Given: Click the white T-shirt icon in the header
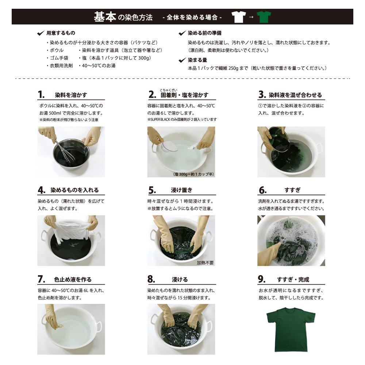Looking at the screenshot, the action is click(239, 17).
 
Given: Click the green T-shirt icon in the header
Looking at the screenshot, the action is click(264, 17).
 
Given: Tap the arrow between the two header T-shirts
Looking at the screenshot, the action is click(251, 17).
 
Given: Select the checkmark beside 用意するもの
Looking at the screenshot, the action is click(41, 33).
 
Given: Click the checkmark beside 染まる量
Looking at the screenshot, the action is click(182, 60).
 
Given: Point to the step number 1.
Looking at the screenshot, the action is click(41, 95).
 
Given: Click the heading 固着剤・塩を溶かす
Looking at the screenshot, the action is click(184, 95).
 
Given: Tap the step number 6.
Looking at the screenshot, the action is click(262, 190).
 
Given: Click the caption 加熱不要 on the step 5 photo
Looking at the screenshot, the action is click(205, 263).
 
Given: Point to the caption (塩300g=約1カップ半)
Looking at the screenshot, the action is click(193, 174).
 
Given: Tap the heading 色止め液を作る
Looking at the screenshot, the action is click(73, 280).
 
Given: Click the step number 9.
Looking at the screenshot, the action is click(262, 279).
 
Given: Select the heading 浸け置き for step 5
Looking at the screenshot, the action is click(181, 190).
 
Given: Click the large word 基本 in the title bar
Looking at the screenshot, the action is click(105, 17).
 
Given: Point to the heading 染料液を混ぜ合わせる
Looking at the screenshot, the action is click(295, 95).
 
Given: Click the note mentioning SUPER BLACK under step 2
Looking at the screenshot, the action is click(182, 120).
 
